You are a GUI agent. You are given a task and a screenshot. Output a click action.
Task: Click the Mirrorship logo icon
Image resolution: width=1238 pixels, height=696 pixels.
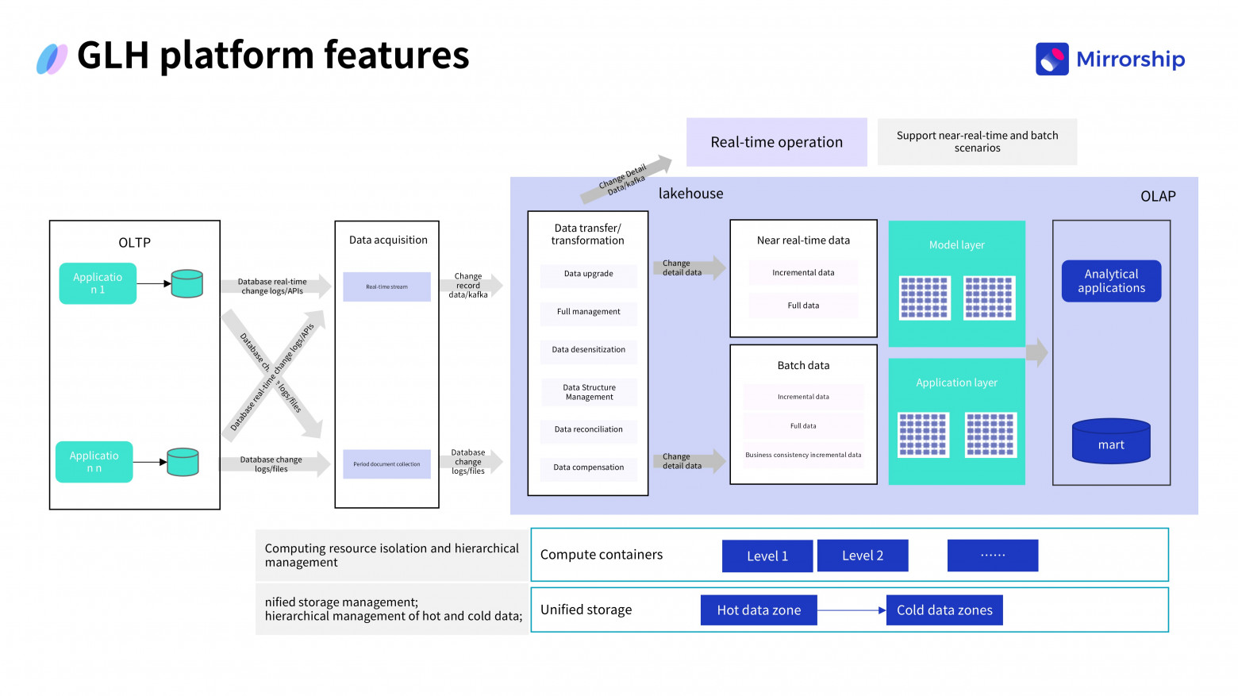1052,60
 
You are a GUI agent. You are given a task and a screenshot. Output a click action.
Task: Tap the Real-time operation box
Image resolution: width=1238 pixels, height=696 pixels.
776,142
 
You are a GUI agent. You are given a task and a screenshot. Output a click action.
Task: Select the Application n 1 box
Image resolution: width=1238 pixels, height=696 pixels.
98,283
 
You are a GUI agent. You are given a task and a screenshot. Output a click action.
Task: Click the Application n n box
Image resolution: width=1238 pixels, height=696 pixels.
94,462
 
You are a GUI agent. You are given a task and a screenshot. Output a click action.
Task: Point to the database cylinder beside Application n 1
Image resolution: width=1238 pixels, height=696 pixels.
187,283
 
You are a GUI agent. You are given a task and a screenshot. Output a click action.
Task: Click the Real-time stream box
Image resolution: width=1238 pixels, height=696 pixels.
386,286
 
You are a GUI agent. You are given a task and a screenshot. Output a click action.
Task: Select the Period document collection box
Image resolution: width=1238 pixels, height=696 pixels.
386,464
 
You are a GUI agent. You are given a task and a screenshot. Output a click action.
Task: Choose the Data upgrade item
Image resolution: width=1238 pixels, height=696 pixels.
588,274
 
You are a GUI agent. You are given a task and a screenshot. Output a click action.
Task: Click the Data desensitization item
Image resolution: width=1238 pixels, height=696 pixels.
588,350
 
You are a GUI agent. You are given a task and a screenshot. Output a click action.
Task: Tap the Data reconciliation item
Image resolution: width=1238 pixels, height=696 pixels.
588,429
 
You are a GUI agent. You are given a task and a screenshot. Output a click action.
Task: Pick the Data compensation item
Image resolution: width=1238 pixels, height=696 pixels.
588,467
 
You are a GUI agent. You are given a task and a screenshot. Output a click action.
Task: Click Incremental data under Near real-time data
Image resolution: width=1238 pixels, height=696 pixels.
803,273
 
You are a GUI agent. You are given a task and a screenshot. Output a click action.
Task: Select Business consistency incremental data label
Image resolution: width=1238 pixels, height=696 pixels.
803,455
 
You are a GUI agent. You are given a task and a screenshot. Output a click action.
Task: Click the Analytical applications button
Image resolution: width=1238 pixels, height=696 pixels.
1111,281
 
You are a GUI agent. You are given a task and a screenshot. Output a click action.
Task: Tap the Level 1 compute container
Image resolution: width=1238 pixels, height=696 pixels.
767,556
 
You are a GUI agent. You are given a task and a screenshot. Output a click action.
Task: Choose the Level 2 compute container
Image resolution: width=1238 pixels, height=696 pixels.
863,556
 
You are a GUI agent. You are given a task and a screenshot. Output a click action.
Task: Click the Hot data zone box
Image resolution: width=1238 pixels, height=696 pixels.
759,610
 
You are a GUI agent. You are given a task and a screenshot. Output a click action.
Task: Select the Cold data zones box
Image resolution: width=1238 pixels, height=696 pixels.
944,610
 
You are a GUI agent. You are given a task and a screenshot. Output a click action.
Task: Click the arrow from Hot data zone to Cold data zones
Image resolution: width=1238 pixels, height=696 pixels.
852,610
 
